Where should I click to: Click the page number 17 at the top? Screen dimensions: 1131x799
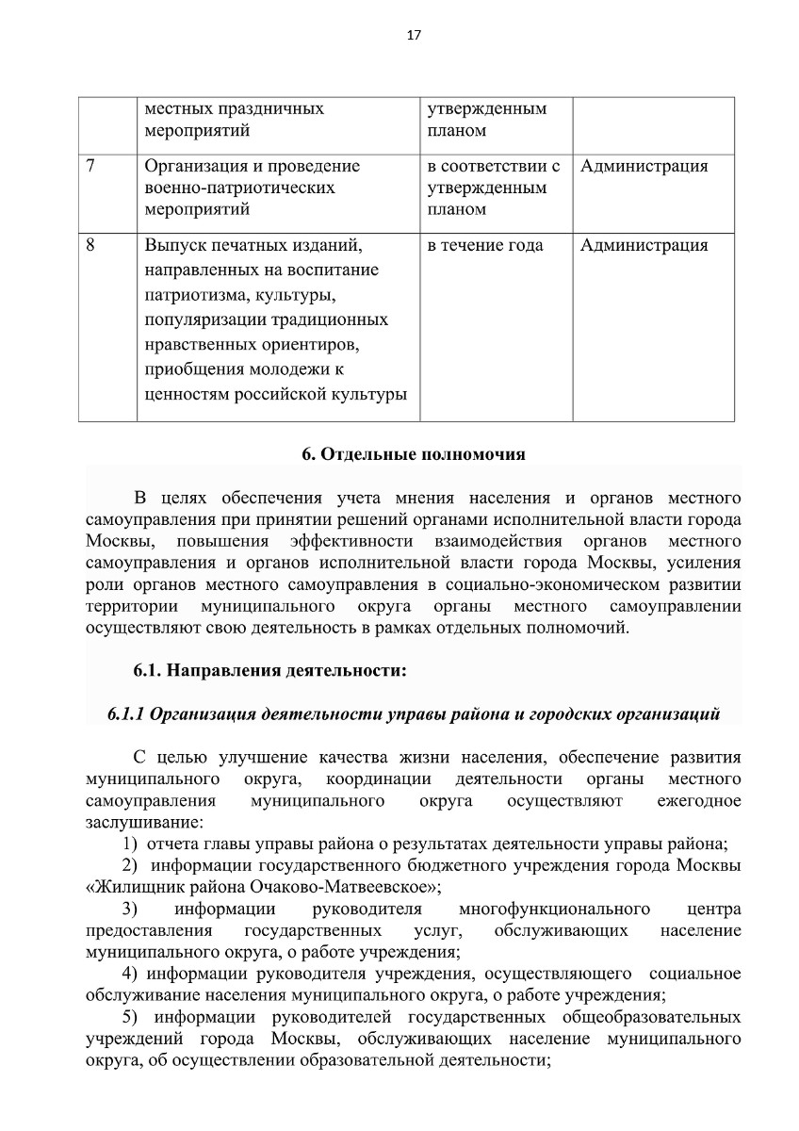coord(413,36)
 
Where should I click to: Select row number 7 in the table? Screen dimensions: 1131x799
coord(90,167)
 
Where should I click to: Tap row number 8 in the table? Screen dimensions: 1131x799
coord(90,246)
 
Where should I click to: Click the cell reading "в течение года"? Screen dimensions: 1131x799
coord(485,246)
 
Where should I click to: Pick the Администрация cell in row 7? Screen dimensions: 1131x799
coord(644,167)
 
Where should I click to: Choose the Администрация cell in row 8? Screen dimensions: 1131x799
coord(644,246)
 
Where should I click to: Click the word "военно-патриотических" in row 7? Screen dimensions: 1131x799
coord(239,188)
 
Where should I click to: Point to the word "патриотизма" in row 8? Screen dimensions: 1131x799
coord(187,295)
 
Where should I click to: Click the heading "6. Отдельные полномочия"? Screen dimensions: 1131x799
coord(413,453)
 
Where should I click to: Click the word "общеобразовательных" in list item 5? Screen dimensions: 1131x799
coord(650,1018)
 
